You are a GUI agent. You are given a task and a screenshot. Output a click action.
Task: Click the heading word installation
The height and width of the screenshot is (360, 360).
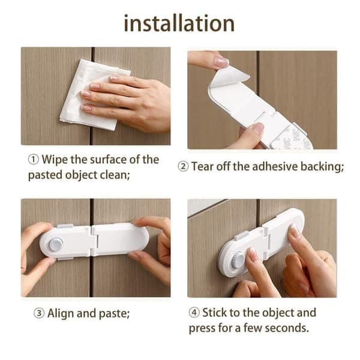pos(179,23)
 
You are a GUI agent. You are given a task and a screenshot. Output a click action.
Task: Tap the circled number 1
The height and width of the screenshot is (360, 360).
pos(33,160)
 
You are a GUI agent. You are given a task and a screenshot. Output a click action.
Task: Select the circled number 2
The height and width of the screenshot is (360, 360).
pos(183,166)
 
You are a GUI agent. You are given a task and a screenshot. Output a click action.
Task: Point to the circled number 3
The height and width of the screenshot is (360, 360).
pos(39,313)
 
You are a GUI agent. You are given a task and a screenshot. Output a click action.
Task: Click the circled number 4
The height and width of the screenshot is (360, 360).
pos(194,313)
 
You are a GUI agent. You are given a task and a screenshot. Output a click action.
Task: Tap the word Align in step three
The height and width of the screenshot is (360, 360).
pos(61,313)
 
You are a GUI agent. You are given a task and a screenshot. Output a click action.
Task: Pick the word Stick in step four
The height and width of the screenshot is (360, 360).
pos(214,313)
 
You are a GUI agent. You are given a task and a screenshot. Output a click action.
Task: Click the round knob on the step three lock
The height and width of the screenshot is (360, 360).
pos(55,244)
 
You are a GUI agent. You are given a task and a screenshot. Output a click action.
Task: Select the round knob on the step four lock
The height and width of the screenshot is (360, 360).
pos(238,261)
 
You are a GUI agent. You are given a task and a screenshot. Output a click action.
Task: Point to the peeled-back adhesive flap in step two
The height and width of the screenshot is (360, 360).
pos(230,76)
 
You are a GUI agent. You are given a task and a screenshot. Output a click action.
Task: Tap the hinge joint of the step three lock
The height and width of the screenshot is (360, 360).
pos(94,241)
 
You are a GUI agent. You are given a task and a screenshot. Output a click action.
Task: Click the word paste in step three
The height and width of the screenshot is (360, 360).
pos(113,314)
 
